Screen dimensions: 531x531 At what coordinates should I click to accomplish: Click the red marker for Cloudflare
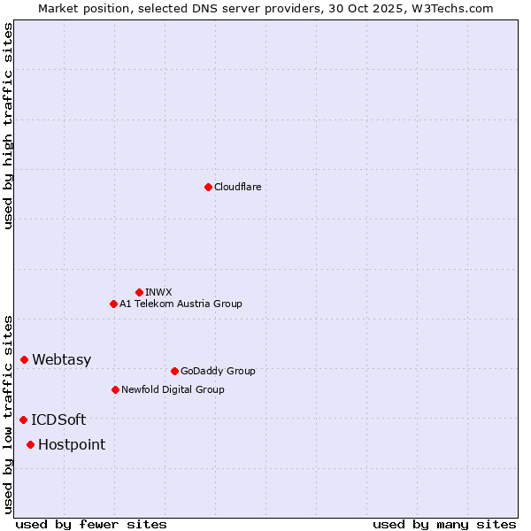pos(208,187)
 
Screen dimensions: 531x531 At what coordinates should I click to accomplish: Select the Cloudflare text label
pos(237,187)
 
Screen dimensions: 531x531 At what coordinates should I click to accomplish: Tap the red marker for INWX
pos(139,292)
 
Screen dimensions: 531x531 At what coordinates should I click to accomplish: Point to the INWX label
pos(159,292)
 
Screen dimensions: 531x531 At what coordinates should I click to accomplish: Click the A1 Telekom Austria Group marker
pos(113,304)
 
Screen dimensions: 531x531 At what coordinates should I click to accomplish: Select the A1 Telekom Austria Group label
pos(181,304)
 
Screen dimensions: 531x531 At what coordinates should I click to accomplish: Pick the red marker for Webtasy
pos(24,359)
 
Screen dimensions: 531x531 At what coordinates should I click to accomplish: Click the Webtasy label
pos(61,359)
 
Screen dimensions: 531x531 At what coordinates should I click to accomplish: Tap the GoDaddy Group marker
pos(174,371)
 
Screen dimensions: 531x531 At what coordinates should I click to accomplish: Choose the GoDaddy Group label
pos(218,371)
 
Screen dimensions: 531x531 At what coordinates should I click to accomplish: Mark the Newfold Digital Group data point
pos(115,389)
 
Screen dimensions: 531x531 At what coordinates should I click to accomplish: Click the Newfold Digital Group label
pos(173,389)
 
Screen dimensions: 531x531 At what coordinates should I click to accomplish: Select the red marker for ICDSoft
pos(23,419)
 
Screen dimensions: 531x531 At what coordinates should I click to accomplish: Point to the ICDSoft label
pos(58,419)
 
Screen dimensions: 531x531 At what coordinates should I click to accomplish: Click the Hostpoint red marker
pos(30,444)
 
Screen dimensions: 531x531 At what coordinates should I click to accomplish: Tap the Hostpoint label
pos(71,444)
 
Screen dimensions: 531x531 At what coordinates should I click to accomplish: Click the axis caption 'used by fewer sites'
pos(91,525)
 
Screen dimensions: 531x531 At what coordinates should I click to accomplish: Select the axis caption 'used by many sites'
pos(444,525)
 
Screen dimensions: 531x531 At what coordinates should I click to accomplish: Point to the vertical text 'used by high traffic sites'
pos(8,126)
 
